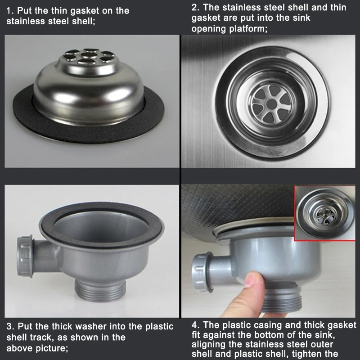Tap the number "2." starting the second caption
(196, 7)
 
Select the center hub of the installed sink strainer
(272, 104)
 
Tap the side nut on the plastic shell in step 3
(25, 256)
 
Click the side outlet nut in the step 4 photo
(202, 272)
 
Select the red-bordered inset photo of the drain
(324, 213)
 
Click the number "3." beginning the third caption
(10, 327)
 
